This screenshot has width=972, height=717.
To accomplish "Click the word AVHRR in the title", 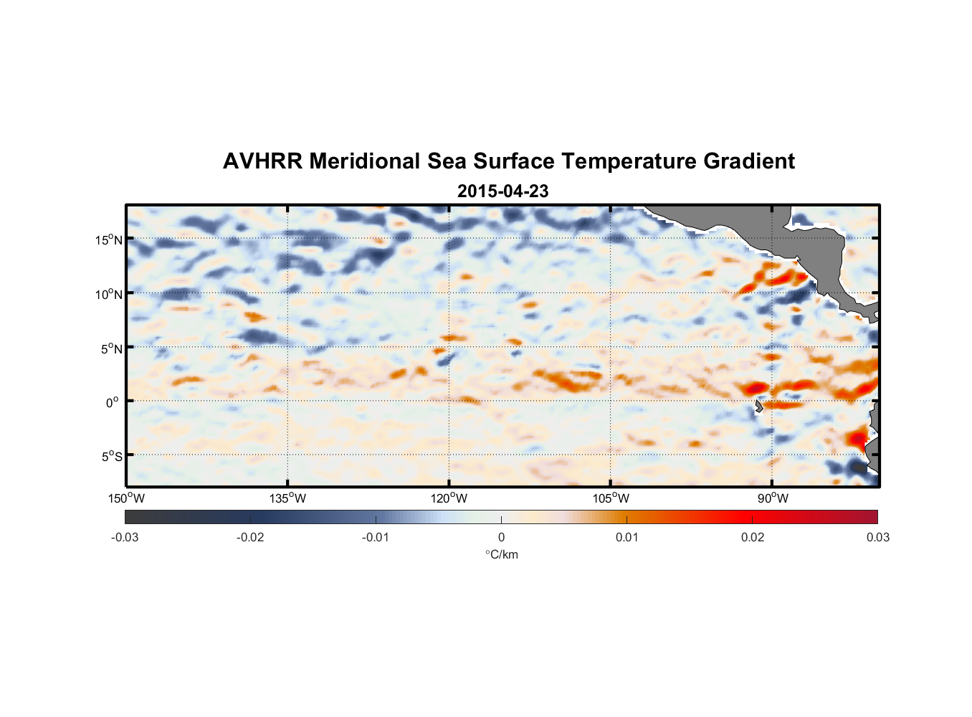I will tap(262, 161).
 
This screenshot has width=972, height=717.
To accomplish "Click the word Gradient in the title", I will tap(749, 161).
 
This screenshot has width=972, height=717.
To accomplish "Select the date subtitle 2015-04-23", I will tap(502, 191).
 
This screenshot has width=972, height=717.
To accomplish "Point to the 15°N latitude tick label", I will tap(109, 239).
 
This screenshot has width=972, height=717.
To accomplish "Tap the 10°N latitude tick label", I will tap(109, 294).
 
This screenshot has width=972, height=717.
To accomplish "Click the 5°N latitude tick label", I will tap(111, 348).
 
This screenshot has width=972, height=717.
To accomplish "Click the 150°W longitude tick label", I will tap(126, 498).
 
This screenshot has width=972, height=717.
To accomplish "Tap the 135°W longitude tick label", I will tap(287, 498).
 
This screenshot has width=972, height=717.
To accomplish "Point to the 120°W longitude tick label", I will tap(449, 498).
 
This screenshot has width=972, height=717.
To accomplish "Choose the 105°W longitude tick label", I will tap(611, 498).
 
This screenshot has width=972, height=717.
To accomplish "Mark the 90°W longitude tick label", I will tap(773, 498).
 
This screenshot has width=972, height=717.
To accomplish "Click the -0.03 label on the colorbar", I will tap(125, 537).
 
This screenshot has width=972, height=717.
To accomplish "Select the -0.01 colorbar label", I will tap(376, 537).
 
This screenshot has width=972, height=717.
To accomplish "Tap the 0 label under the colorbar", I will tap(501, 537).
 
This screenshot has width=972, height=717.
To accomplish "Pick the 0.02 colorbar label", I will tap(753, 537).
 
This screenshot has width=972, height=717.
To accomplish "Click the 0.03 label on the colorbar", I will tap(877, 537).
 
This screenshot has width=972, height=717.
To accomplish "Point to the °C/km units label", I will tap(502, 554).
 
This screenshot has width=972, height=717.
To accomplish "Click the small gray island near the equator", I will tap(758, 407).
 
